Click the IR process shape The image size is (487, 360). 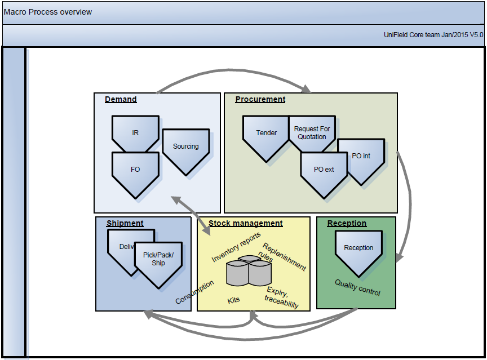coord(135,133)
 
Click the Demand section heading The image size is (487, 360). coord(121,100)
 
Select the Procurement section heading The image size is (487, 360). coord(260,100)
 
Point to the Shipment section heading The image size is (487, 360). coord(125,224)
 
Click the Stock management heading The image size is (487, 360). coord(246,224)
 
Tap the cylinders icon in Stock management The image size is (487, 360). coord(249,271)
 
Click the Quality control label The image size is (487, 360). coord(357,287)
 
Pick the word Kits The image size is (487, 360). coord(233,300)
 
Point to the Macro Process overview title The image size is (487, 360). coord(48,12)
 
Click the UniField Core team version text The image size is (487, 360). coord(433,35)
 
